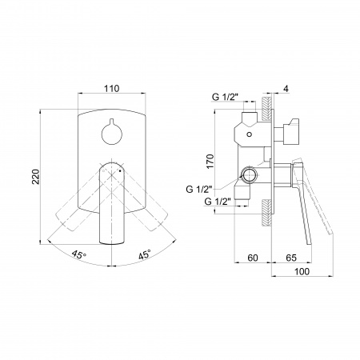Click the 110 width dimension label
click(x=111, y=88)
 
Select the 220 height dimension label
click(x=35, y=177)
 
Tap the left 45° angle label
click(x=78, y=254)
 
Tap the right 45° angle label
click(x=145, y=254)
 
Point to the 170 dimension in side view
click(x=210, y=161)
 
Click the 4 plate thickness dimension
click(x=286, y=89)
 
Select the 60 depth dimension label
click(x=253, y=258)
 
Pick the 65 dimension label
click(x=291, y=258)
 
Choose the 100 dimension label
click(x=302, y=271)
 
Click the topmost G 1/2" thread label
click(x=225, y=97)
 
